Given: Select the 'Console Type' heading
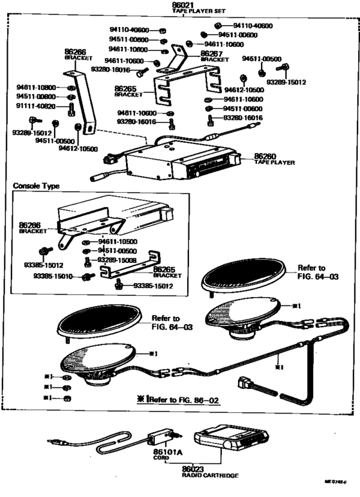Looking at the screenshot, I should (x=36, y=186).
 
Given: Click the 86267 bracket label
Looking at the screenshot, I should (x=212, y=54).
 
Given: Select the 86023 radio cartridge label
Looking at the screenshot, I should (x=192, y=469).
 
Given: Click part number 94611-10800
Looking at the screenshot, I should (x=36, y=87).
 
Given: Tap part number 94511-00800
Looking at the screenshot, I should (x=36, y=96).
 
